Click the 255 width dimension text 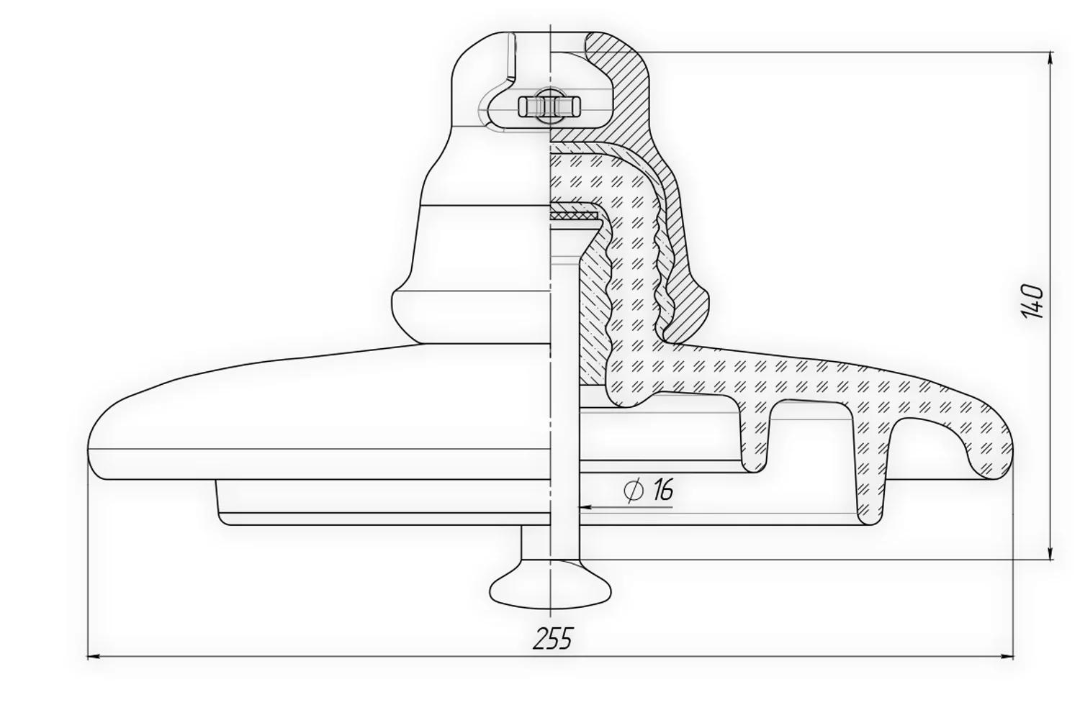point(553,637)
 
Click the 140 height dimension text point(1032,302)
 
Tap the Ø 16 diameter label point(649,491)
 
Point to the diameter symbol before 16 point(634,491)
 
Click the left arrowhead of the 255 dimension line point(93,656)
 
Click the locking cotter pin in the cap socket point(549,106)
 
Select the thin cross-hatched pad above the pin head point(573,214)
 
